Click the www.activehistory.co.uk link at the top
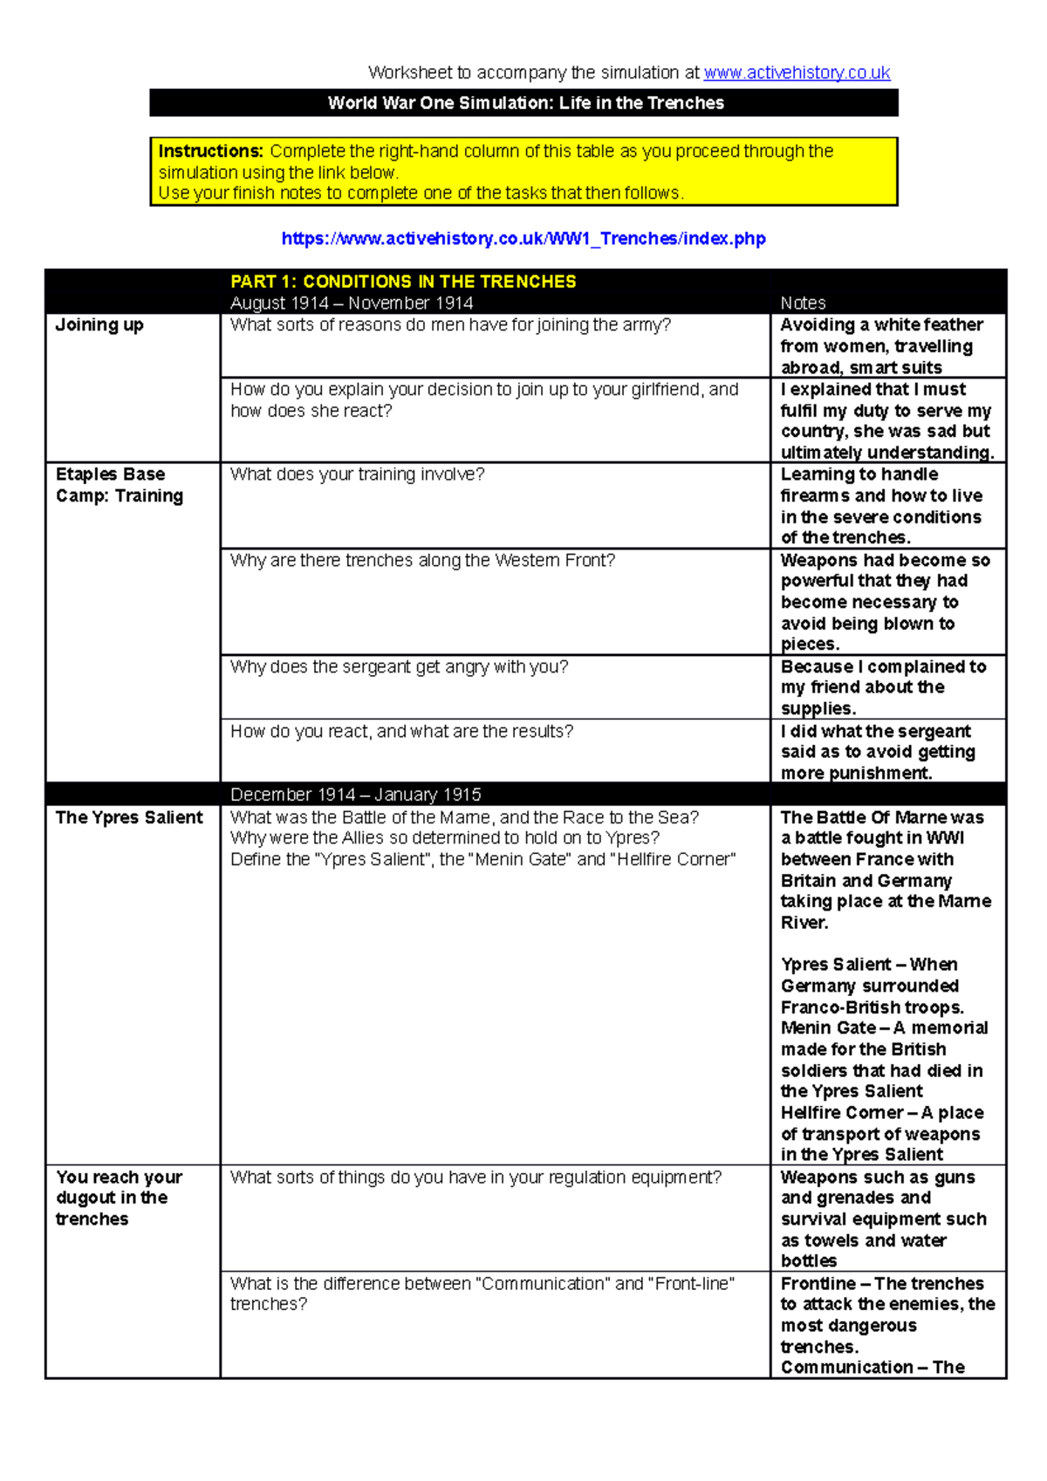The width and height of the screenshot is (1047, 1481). [797, 72]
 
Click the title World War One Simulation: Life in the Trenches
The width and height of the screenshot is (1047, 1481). [525, 103]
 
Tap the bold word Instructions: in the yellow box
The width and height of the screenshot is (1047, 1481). [210, 151]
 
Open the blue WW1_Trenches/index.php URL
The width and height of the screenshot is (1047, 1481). [523, 238]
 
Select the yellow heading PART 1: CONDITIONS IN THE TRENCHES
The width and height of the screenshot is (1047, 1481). [403, 282]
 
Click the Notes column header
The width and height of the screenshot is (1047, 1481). [803, 303]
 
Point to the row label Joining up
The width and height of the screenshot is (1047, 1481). [99, 325]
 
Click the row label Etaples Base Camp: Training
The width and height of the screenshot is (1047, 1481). [120, 485]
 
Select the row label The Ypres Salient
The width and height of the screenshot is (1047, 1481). [129, 817]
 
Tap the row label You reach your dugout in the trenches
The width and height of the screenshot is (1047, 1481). [119, 1198]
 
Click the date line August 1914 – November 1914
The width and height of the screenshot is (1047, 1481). [352, 303]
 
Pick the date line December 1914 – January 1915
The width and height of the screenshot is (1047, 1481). [356, 795]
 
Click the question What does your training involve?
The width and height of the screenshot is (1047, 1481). [357, 474]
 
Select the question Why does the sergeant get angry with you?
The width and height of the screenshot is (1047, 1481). [399, 666]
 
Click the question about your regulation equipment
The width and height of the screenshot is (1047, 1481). [476, 1177]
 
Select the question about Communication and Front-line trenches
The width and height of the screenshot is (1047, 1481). [482, 1293]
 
